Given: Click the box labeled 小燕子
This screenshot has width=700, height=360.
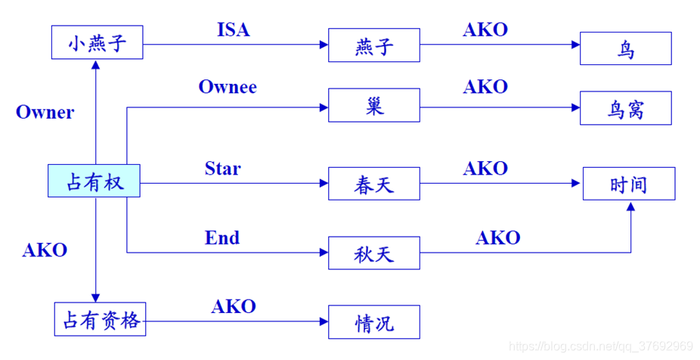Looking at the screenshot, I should (96, 42).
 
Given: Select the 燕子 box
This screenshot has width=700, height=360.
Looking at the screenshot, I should (373, 45).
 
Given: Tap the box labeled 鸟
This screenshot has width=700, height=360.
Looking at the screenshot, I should (625, 48).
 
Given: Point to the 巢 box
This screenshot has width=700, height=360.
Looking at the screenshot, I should (373, 104).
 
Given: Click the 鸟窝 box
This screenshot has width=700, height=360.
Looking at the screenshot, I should (625, 108).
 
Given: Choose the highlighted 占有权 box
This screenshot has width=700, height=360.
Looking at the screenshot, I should (94, 181).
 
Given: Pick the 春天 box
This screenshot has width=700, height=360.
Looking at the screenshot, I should (373, 184).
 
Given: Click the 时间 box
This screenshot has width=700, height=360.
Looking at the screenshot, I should (628, 184).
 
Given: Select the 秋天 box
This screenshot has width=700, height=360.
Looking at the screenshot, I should (373, 253).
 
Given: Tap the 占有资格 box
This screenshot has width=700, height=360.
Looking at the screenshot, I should (100, 319).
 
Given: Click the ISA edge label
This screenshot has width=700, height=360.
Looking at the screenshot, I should (233, 30).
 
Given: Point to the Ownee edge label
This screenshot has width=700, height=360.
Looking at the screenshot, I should (228, 87).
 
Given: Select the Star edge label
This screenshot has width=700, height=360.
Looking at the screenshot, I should (222, 168).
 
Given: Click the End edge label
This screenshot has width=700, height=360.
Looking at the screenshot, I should (222, 238).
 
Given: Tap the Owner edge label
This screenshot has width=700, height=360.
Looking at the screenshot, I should (45, 113).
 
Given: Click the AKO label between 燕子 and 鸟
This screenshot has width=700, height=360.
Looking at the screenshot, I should (485, 29).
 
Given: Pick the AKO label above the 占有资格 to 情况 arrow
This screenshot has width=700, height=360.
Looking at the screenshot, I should (233, 306).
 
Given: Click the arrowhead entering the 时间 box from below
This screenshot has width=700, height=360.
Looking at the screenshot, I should (630, 206).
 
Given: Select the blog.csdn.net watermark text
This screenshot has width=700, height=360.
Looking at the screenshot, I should (601, 346).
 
